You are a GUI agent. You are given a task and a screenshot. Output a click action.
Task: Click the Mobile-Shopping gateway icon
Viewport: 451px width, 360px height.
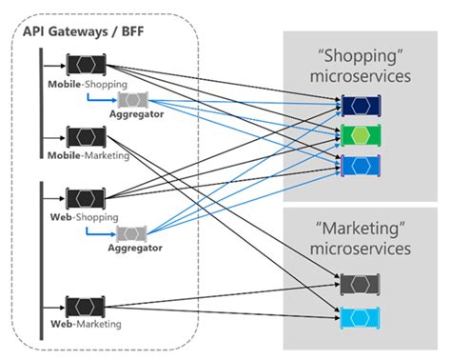coord(86,65)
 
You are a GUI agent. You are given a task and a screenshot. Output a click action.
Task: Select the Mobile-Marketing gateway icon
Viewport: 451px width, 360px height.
coord(86,137)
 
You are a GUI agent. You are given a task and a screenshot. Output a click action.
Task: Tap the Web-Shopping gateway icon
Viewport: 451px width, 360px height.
coord(86,199)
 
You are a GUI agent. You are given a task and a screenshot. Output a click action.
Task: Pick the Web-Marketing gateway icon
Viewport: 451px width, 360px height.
coord(86,307)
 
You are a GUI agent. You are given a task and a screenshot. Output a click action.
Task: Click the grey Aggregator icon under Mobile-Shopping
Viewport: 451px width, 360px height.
coord(132,100)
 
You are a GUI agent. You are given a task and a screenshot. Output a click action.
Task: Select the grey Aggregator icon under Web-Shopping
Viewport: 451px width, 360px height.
coord(131,234)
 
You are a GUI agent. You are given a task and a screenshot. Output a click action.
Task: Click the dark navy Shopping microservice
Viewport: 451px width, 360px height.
coord(361,106)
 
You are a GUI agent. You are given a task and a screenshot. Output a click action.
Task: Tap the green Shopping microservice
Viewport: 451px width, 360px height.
coord(361,135)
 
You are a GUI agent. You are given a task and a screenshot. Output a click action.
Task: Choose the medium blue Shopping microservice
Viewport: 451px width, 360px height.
coord(361,166)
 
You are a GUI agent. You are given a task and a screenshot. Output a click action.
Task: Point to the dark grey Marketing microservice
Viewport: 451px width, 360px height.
coord(360,285)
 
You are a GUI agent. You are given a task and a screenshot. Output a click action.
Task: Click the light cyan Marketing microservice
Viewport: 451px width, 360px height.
coord(360,317)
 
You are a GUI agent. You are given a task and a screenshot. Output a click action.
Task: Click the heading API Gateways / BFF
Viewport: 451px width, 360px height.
coord(84,31)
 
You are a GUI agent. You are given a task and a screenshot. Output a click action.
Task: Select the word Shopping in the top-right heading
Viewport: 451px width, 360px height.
coord(361,56)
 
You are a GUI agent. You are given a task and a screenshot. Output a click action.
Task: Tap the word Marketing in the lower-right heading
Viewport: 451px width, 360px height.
coord(361,229)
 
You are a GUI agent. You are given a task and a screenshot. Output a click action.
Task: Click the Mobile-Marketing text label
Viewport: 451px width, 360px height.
coord(88,155)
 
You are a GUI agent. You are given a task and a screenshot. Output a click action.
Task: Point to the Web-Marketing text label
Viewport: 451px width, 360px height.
coord(86,324)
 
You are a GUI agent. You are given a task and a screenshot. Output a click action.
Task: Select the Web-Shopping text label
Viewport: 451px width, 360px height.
coord(85,217)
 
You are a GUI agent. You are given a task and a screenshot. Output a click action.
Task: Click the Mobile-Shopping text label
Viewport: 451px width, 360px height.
coord(88,85)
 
